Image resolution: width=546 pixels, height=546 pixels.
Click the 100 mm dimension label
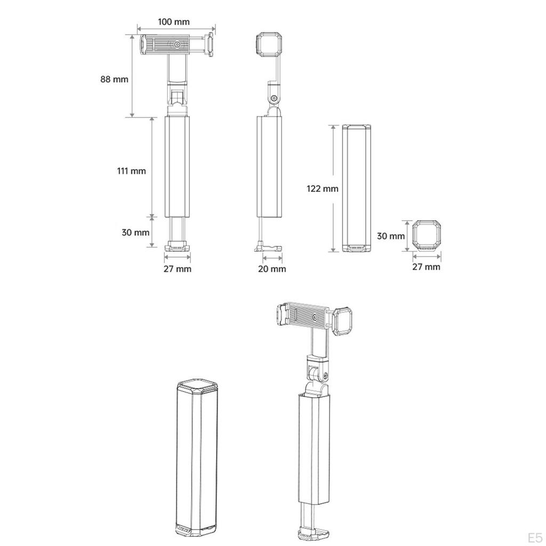coord(174,22)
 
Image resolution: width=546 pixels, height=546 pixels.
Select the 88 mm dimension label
coord(114,79)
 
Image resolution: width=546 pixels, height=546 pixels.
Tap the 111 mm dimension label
coord(131,171)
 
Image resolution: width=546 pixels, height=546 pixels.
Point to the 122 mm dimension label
coord(323,189)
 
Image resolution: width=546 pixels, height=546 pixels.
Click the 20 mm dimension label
coord(272,269)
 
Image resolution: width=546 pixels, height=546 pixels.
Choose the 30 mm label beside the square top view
coord(391,236)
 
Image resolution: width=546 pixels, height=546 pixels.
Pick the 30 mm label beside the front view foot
coord(135,232)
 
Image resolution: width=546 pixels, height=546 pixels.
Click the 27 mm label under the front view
coord(178,269)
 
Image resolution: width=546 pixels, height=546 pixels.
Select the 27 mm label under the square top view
coord(426,267)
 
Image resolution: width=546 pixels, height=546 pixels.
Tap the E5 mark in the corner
coord(534,537)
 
